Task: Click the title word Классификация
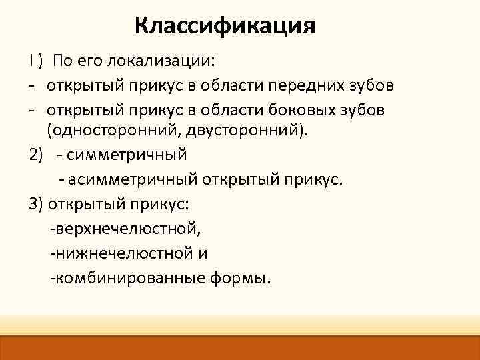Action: pyautogui.click(x=224, y=26)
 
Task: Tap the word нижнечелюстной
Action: pyautogui.click(x=123, y=253)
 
